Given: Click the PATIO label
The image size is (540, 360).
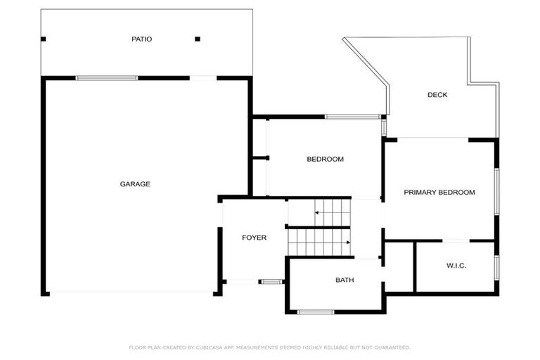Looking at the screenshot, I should [141, 39].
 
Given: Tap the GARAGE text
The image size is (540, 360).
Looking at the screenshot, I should [135, 184].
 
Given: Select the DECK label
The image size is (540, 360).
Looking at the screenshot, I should [437, 95].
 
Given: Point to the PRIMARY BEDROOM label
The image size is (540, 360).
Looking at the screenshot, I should [439, 192].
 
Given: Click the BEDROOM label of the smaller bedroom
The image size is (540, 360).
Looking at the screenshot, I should [325, 159].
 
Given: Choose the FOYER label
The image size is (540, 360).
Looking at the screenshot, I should [254, 238].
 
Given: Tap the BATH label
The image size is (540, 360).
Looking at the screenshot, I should [345, 280].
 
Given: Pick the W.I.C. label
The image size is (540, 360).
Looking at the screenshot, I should [456, 265].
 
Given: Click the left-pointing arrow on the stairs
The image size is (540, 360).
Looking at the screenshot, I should [317, 212].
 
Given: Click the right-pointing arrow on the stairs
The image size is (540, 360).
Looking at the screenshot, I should [347, 243].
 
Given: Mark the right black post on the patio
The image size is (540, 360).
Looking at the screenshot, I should [198, 39].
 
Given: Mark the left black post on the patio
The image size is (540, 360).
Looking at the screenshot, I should [44, 39].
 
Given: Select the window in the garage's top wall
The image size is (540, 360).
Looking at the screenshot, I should [107, 78].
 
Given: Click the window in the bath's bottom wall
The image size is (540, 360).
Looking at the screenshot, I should [316, 311].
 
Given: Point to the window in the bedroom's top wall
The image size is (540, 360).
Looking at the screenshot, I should [353, 116].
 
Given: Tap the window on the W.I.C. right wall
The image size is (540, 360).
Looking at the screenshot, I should [496, 267].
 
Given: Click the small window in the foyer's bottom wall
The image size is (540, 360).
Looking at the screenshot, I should [271, 282].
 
